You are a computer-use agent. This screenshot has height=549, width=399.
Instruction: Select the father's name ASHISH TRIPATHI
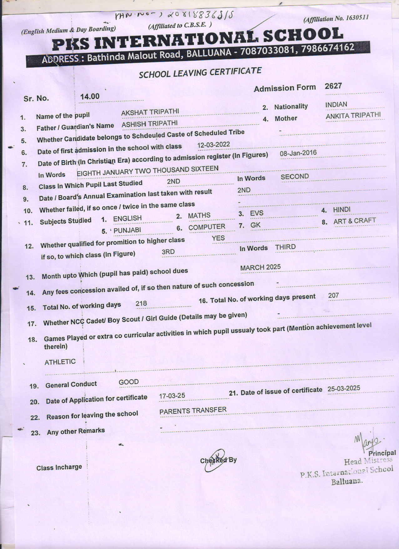pos(150,124)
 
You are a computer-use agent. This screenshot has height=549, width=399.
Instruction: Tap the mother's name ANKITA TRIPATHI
pos(353,115)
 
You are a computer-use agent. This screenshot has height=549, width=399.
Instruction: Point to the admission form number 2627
pos(333,86)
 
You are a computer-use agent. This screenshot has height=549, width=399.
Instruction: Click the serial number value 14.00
pos(90,96)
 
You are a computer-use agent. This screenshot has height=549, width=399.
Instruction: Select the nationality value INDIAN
pos(336,105)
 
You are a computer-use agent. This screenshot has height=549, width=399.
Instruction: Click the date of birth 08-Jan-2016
pos(298,153)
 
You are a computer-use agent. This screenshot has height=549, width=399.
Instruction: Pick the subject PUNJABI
pos(127,230)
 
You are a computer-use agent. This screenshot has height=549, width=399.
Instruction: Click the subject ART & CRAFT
pos(355,221)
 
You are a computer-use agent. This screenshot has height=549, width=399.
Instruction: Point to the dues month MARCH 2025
pos(260,268)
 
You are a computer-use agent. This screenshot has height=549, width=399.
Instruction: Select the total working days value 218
pos(141,303)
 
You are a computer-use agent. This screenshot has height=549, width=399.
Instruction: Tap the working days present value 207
pos(334,295)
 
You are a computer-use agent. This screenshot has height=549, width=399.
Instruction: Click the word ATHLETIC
pos(60,362)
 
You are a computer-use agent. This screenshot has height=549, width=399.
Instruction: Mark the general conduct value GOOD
pos(129,382)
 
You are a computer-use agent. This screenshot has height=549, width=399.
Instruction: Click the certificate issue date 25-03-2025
pos(344,389)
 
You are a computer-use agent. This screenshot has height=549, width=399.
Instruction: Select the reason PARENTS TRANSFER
pos(193,411)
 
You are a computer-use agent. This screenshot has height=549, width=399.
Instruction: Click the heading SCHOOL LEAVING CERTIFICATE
pos(200,73)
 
